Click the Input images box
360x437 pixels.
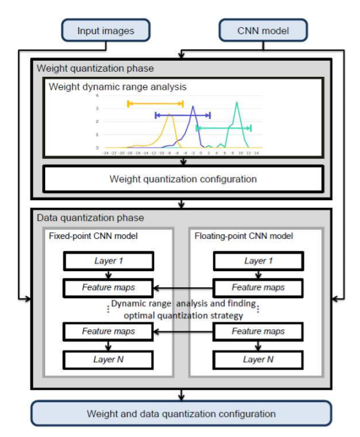tap(106, 30)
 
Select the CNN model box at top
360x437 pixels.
tap(263, 30)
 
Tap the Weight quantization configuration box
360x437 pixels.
tap(183, 179)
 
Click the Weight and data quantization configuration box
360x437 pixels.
tap(181, 414)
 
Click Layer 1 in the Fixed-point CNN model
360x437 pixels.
tap(108, 261)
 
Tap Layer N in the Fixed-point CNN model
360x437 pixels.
tap(108, 359)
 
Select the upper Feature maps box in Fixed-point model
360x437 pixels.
tap(108, 287)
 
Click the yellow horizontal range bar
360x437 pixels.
tap(156, 103)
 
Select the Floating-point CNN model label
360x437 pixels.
tap(244, 236)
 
